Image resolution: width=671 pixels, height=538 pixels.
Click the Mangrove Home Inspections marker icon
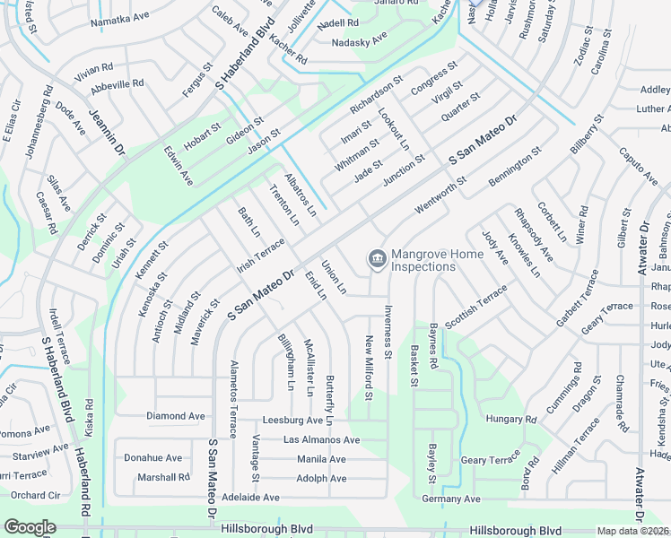pyautogui.click(x=377, y=260)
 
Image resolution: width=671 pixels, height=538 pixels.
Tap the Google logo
pyautogui.click(x=30, y=527)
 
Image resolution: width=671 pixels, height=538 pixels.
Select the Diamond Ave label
pyautogui.click(x=176, y=416)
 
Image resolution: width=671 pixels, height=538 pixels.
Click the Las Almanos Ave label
pyautogui.click(x=321, y=440)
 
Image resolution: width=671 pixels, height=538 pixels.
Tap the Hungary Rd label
pyautogui.click(x=510, y=419)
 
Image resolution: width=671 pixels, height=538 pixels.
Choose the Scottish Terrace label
pyautogui.click(x=476, y=306)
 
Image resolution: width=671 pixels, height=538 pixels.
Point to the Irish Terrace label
pyautogui.click(x=260, y=256)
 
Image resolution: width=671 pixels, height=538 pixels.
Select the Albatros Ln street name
pyautogui.click(x=301, y=195)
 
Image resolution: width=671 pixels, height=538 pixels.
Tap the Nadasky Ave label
pyautogui.click(x=359, y=39)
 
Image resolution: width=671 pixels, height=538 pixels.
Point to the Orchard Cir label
pyautogui.click(x=35, y=495)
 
